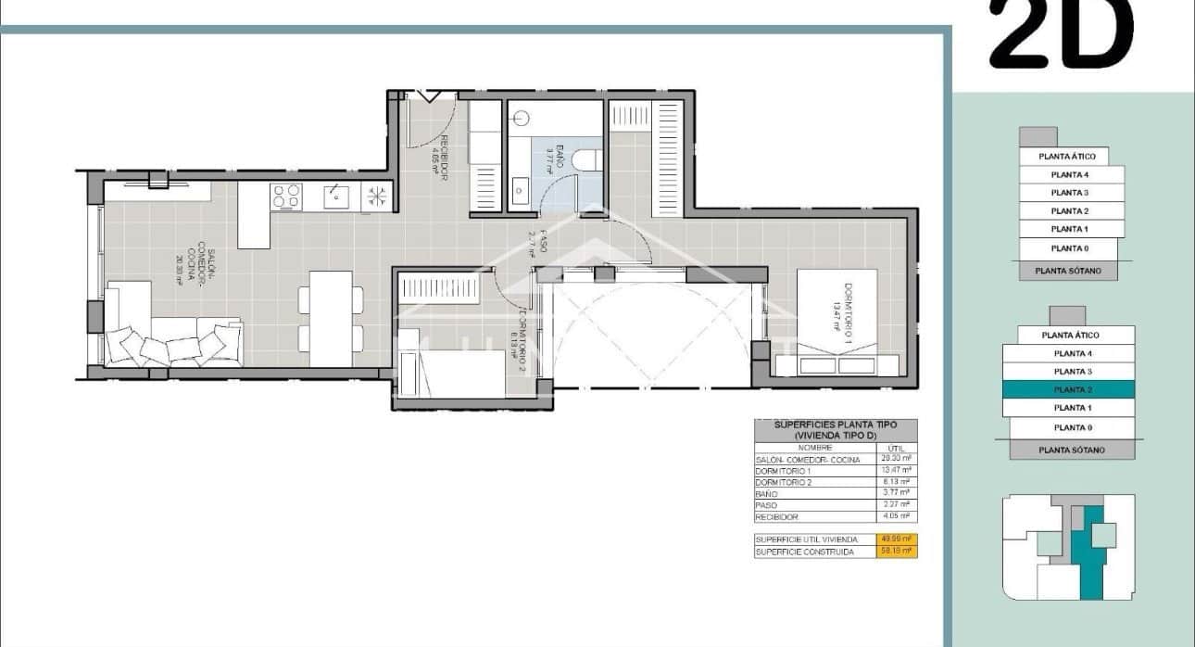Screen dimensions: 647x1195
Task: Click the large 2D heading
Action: coord(1062,35)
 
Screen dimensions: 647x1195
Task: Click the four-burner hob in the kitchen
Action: coord(285,197)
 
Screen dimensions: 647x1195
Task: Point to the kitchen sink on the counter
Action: coord(334,196)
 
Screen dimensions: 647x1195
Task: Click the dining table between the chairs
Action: coord(331,318)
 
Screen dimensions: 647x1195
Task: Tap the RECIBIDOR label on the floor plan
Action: coord(443,158)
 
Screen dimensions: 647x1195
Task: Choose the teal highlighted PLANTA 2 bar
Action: coord(1072,389)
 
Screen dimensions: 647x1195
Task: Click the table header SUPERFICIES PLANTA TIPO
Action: coord(836,430)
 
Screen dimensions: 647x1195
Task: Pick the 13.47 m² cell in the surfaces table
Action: coord(895,471)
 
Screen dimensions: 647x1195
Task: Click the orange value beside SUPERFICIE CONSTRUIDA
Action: coord(895,552)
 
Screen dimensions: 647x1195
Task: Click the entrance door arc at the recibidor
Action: coord(435,121)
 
